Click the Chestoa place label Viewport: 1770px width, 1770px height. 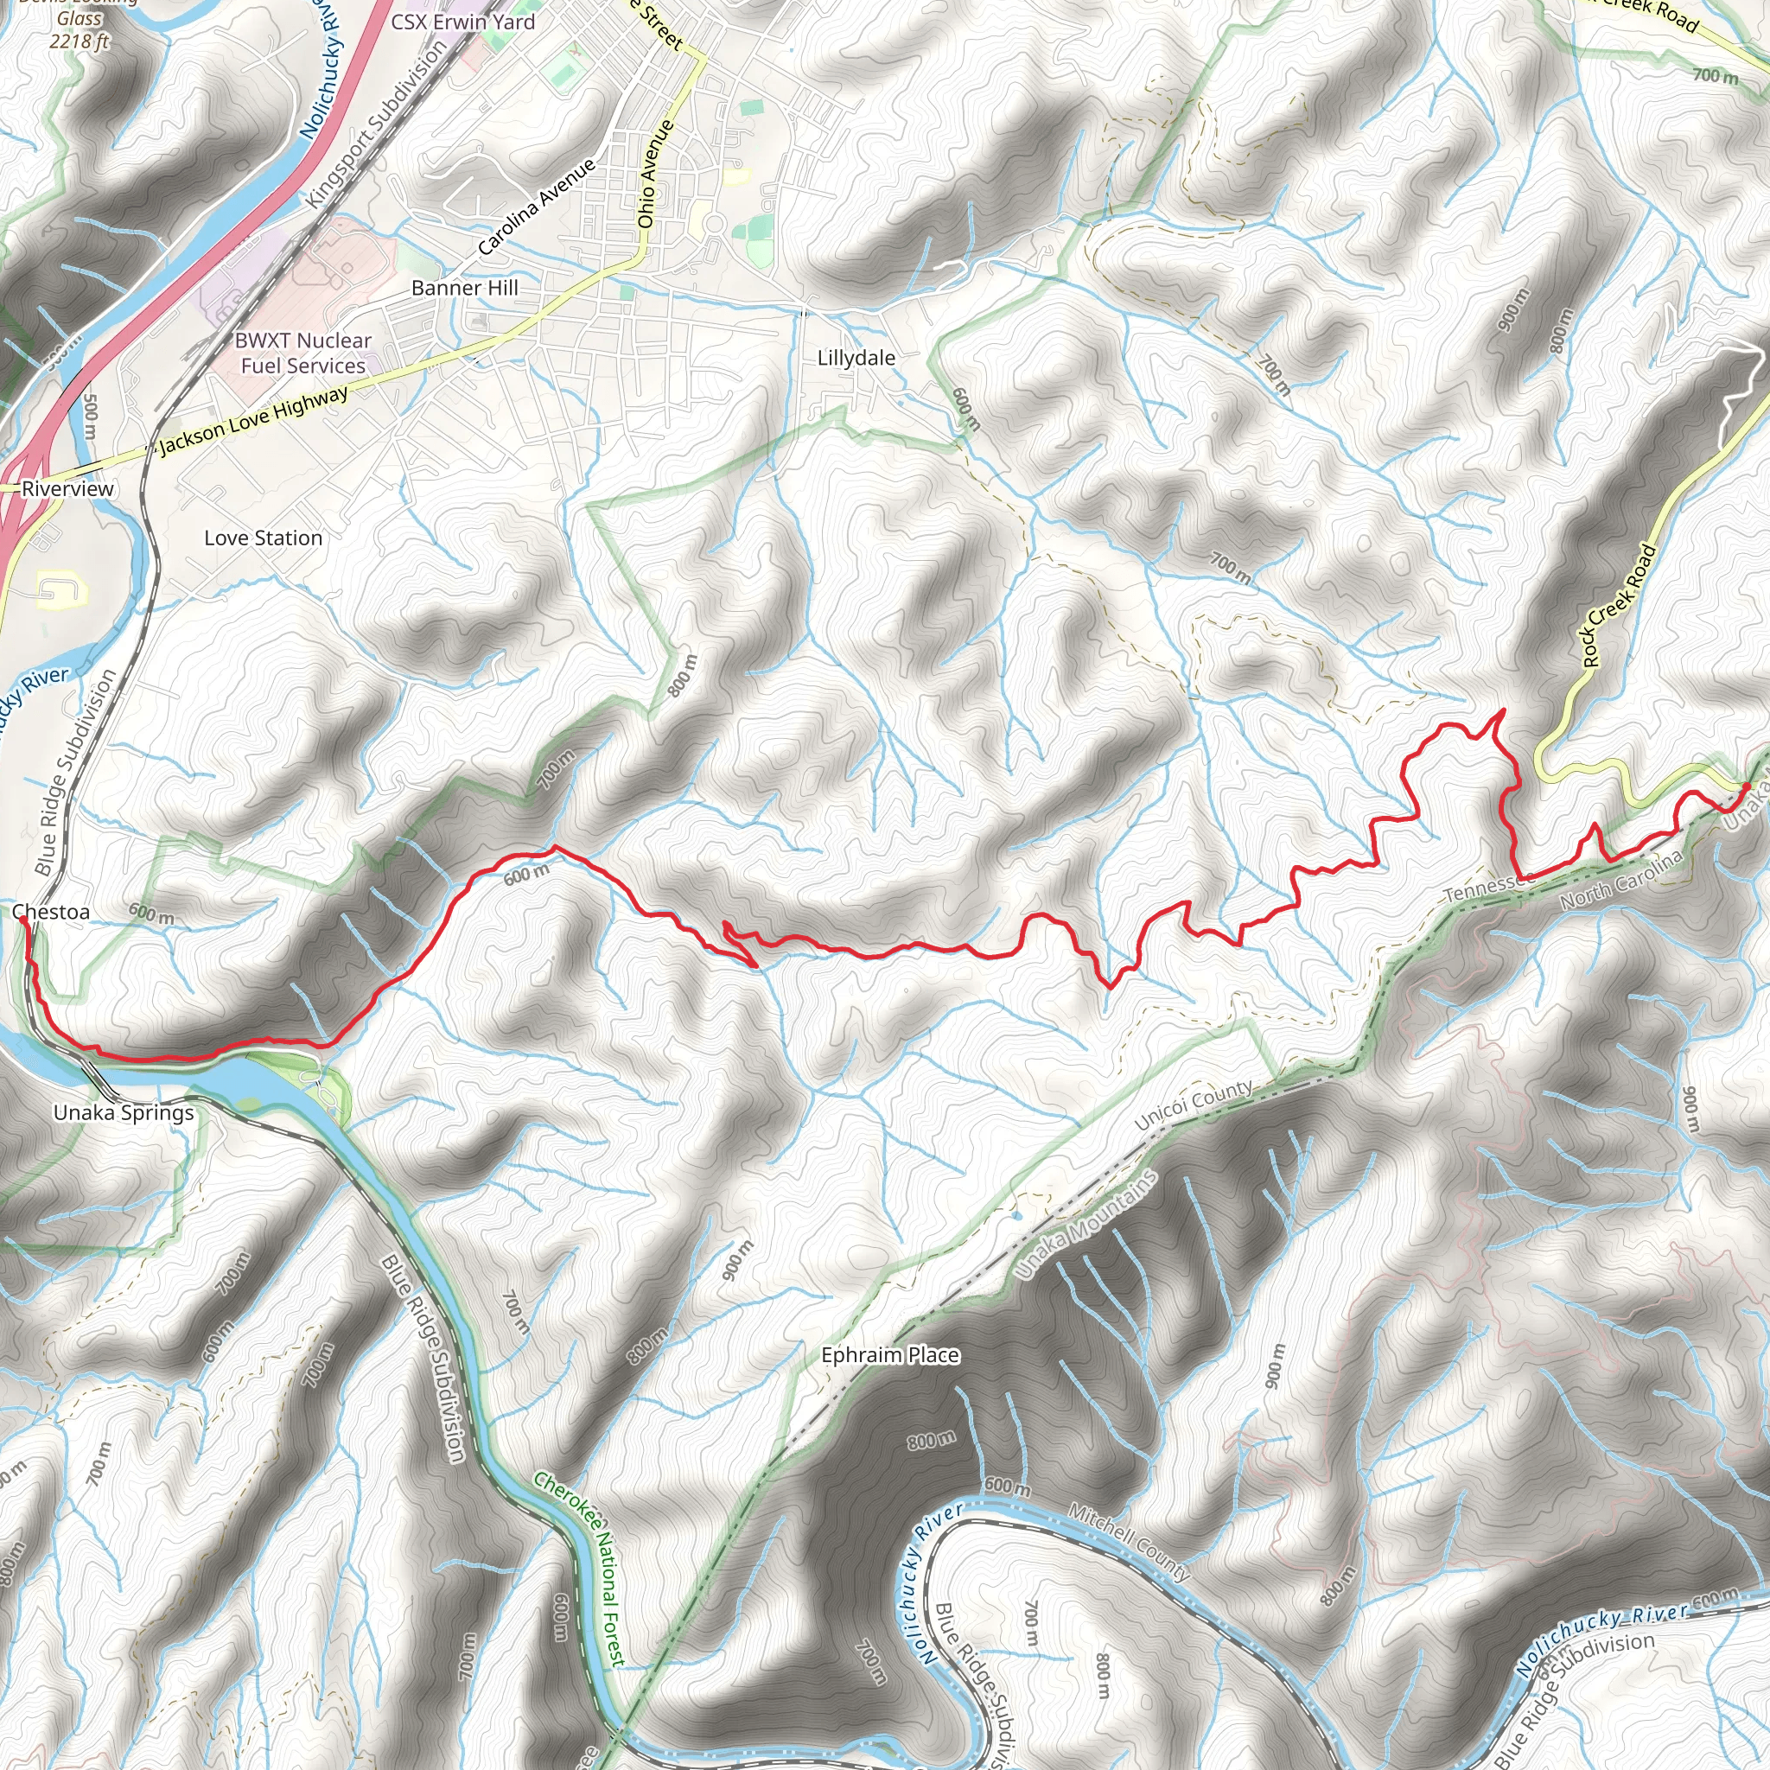click(51, 912)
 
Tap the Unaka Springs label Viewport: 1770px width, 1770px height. click(124, 1112)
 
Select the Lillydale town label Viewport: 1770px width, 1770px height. click(856, 358)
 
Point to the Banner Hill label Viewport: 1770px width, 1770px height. click(464, 288)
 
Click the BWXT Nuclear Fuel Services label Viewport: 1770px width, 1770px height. click(302, 353)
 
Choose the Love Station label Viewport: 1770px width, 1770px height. click(263, 538)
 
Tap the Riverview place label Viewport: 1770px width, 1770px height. click(67, 488)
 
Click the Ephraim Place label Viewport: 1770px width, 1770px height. click(889, 1355)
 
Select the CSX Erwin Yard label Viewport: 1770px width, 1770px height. click(462, 22)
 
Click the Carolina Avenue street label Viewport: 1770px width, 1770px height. click(536, 207)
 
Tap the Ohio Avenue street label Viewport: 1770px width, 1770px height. click(654, 174)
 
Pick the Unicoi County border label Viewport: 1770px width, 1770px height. click(1193, 1105)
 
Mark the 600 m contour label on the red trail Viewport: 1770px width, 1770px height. click(527, 875)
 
